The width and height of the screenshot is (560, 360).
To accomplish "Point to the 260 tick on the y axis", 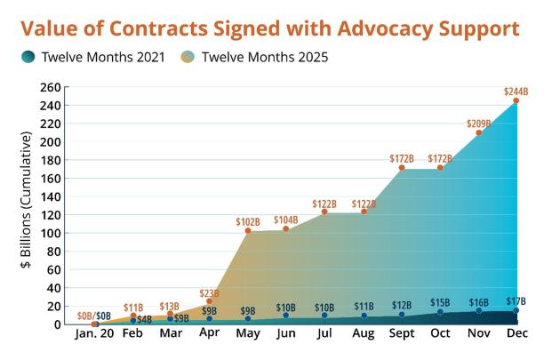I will point(51,87).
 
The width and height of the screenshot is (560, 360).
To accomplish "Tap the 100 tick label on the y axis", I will point(51,233).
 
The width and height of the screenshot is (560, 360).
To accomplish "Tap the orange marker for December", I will point(516,100).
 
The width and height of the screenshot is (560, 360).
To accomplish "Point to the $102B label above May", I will point(247,220).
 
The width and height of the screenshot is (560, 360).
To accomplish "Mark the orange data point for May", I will point(248,231).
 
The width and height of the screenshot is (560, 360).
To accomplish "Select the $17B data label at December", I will point(516,300).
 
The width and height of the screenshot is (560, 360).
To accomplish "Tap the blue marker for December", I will point(516,310).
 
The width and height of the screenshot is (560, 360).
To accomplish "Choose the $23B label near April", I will point(209,292).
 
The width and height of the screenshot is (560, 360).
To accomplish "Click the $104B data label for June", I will point(285,219).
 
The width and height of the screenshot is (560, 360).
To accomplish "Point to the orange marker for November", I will point(478,133).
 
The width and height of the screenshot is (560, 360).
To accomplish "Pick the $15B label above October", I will point(439,302).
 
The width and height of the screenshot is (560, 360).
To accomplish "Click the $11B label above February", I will point(133,307).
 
